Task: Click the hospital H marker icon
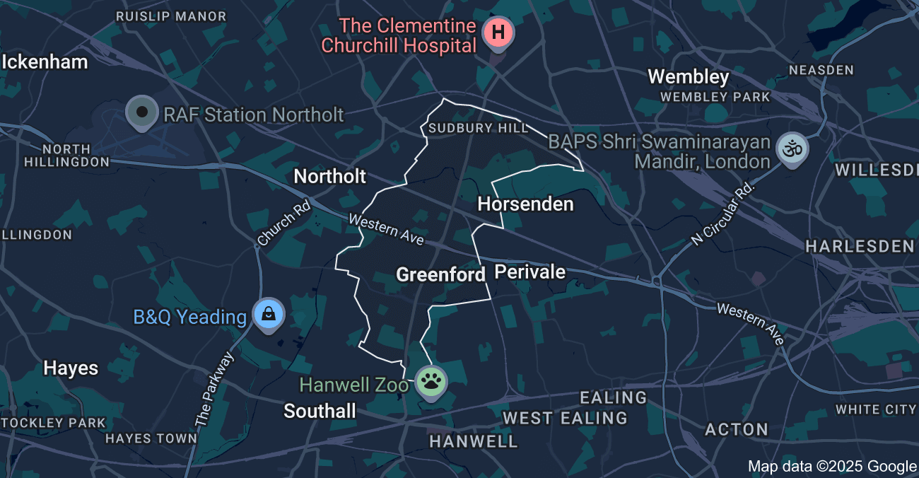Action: [x=498, y=32]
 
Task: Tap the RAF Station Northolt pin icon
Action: [x=142, y=112]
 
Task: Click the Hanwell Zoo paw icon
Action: [x=431, y=383]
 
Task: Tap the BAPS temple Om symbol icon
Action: [x=792, y=149]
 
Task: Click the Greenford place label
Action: [x=440, y=274]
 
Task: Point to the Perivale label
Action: [x=530, y=272]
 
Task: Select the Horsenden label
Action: [x=525, y=204]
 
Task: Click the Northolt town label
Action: [x=330, y=176]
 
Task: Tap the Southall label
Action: [x=320, y=411]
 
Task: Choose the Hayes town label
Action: [x=71, y=368]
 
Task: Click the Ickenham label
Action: [x=45, y=62]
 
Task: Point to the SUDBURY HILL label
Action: [x=479, y=128]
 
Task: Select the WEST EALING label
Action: [x=565, y=418]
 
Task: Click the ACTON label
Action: [x=737, y=429]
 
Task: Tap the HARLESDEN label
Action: [x=860, y=246]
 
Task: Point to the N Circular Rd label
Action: [x=724, y=213]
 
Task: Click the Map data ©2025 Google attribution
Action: [x=832, y=466]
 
